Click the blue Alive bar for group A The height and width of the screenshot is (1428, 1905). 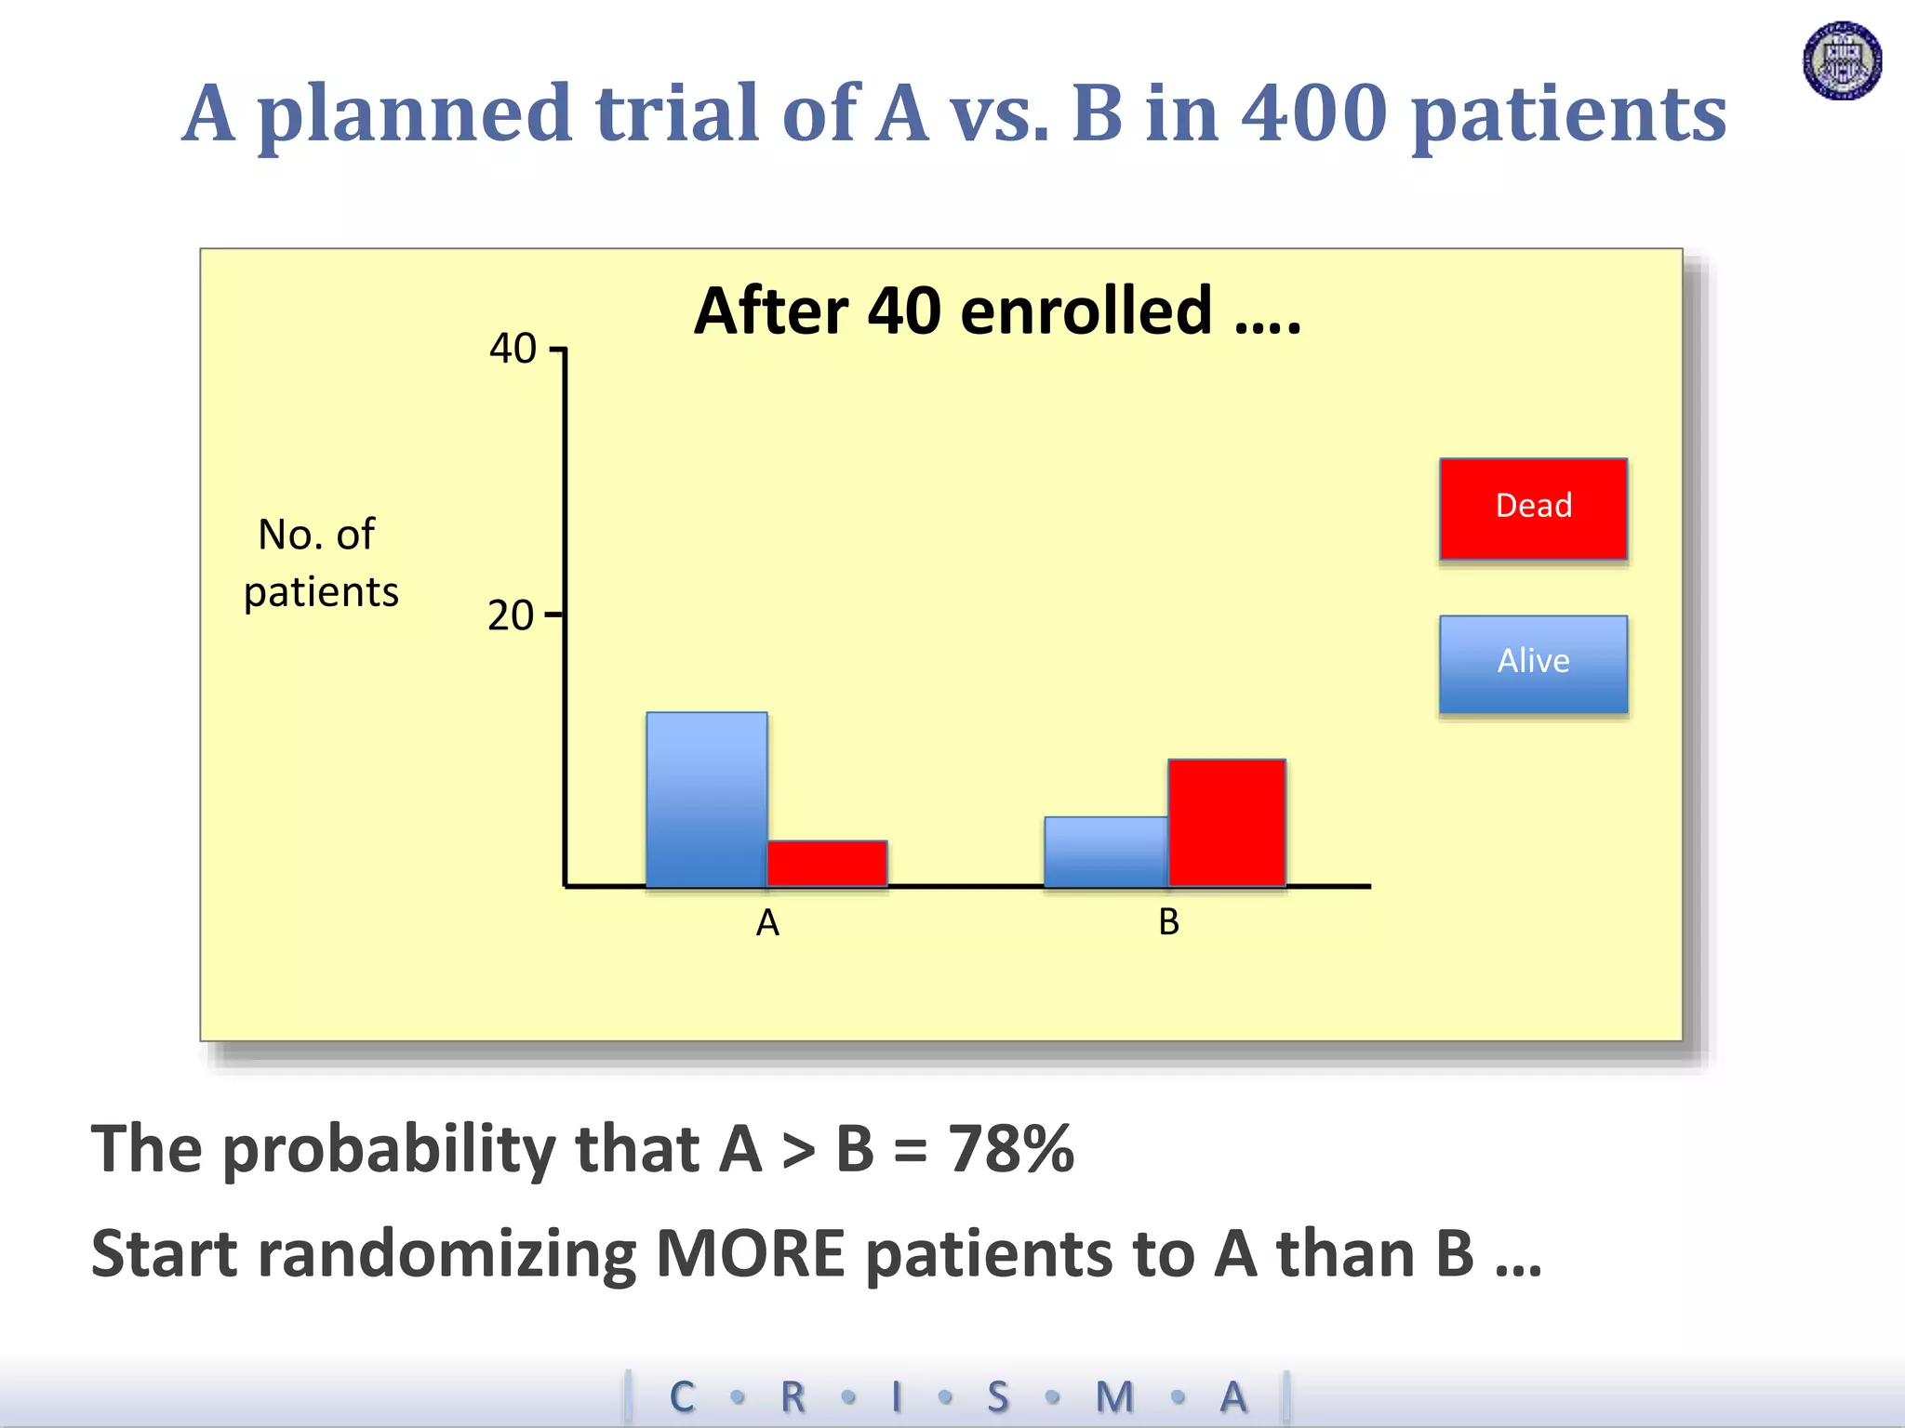[707, 800]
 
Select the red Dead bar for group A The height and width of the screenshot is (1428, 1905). [827, 864]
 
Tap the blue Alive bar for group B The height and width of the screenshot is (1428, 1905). [1106, 852]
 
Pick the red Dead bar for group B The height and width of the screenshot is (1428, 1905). [1227, 823]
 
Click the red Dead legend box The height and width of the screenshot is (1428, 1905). [1533, 509]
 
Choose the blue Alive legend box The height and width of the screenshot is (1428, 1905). [1533, 664]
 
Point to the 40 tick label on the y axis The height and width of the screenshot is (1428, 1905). [513, 350]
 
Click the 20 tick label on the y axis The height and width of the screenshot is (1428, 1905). [511, 616]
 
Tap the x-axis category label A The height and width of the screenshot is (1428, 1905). [767, 923]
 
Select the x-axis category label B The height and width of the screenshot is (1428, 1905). [1168, 922]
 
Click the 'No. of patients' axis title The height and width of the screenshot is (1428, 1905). [320, 563]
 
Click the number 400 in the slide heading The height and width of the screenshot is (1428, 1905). [1314, 113]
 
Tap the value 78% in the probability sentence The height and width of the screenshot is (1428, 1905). [1010, 1149]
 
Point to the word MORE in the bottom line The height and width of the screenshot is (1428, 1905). [750, 1254]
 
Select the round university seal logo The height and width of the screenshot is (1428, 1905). [1842, 61]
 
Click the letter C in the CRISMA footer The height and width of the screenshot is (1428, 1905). [682, 1397]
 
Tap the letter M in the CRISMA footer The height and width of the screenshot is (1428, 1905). [1114, 1397]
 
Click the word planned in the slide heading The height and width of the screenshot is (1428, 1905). [414, 115]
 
